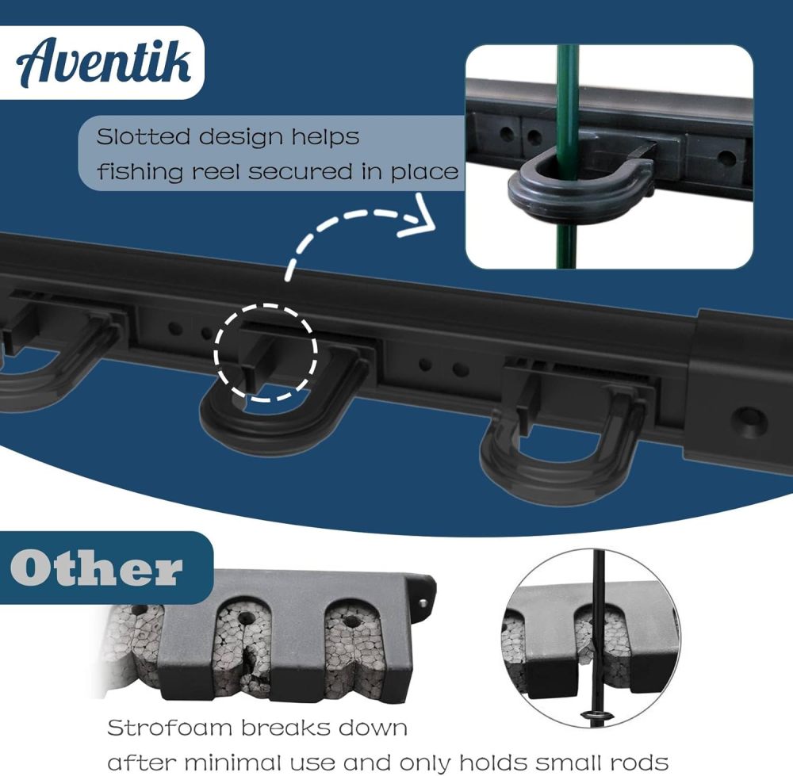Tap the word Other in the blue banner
click(x=97, y=568)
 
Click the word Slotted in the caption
click(x=144, y=136)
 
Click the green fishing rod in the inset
click(x=566, y=95)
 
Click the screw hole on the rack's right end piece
click(x=749, y=419)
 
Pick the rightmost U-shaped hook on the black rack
click(x=564, y=444)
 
